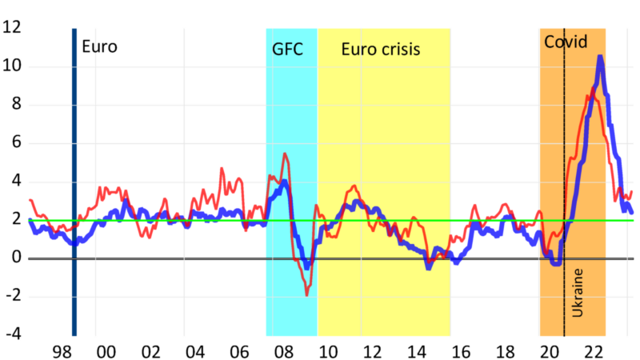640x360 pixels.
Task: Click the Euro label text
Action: click(99, 46)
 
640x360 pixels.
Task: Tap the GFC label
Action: click(288, 49)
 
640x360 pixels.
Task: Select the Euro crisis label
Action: click(381, 49)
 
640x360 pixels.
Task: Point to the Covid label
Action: click(566, 42)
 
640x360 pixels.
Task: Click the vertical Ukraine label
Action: click(578, 293)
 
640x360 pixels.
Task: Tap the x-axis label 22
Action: click(594, 352)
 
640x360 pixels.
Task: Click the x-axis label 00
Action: click(106, 352)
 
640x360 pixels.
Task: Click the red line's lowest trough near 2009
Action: click(306, 294)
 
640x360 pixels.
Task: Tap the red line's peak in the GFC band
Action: click(285, 154)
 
